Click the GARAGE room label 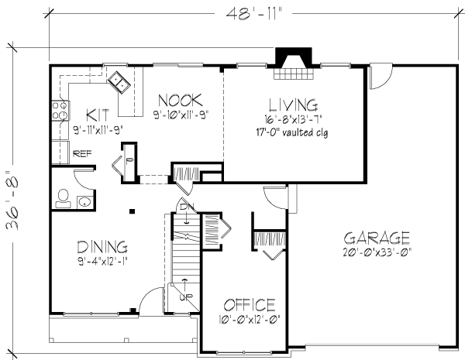pos(377,238)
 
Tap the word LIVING pos(293,105)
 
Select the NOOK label pos(181,100)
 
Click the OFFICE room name pos(250,305)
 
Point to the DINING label pos(102,247)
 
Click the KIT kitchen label pos(98,115)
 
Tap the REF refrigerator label pos(82,154)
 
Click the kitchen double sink pos(119,82)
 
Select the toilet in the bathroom pos(63,198)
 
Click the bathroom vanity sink pos(84,202)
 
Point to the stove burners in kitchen pos(60,111)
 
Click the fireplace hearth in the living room pos(293,74)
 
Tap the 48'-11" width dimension pos(253,14)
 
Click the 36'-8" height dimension pos(12,200)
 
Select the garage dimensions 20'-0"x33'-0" pos(377,252)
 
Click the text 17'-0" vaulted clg pos(292,132)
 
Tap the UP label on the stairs pos(186,297)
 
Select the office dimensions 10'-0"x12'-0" pos(250,320)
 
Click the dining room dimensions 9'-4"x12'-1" pos(103,262)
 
